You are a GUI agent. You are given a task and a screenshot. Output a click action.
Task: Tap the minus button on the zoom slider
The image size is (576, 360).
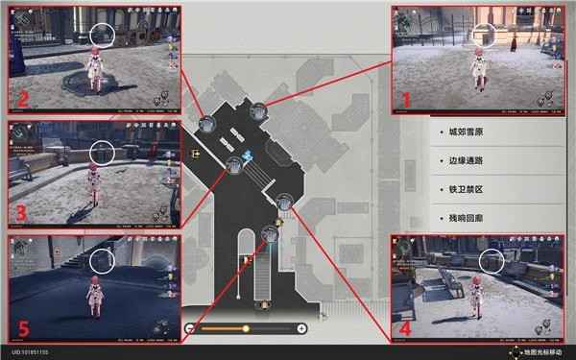[190, 328]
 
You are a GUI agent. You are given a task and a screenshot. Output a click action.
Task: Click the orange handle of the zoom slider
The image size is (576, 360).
[246, 328]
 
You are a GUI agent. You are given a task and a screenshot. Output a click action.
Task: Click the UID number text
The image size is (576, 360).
[30, 352]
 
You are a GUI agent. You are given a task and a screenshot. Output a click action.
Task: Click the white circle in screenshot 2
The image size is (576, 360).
[103, 35]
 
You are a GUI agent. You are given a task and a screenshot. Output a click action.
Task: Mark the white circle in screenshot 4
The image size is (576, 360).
[492, 260]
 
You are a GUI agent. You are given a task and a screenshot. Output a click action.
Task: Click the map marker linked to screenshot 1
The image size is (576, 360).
[257, 112]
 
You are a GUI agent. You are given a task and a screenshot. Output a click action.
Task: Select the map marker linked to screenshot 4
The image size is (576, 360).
[284, 202]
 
